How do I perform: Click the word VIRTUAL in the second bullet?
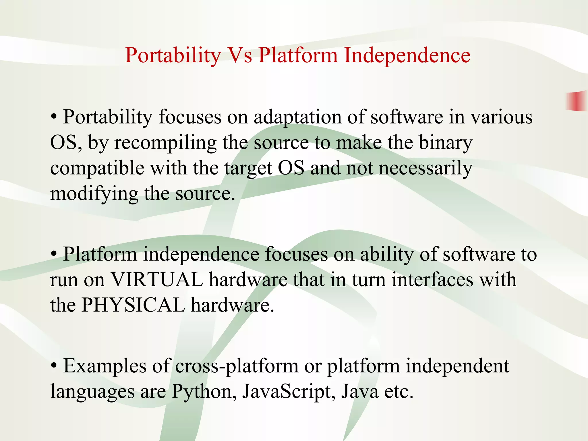point(157,279)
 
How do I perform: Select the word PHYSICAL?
point(133,305)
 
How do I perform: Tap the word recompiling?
point(165,143)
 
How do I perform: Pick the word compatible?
point(97,168)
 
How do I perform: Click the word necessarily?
point(425,168)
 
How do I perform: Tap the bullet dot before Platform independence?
point(54,254)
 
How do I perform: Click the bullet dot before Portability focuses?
point(54,117)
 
